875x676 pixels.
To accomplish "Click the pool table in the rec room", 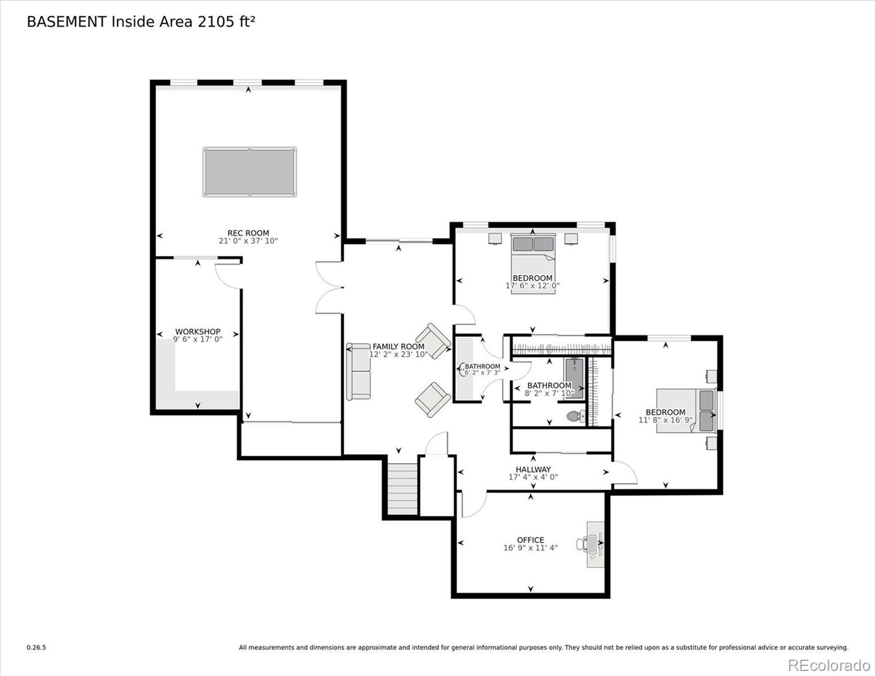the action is click(x=250, y=172).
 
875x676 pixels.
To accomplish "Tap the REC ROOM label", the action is click(x=248, y=233).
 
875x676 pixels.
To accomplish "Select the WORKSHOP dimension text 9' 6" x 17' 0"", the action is click(x=198, y=340).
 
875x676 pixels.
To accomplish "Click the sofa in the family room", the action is click(x=358, y=372).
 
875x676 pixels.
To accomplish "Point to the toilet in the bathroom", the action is click(x=576, y=416).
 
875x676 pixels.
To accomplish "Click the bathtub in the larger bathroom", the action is click(x=574, y=379).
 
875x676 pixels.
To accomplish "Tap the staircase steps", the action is click(x=402, y=489).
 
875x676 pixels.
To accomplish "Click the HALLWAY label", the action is click(x=533, y=469).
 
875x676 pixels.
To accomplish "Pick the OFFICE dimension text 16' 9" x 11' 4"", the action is click(x=530, y=548).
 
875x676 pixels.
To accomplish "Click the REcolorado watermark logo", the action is click(x=829, y=665).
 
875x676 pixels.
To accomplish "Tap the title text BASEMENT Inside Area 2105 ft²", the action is click(x=141, y=22).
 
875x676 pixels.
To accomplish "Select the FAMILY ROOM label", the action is click(x=398, y=346).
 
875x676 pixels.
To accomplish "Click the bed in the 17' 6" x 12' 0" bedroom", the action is click(x=533, y=264).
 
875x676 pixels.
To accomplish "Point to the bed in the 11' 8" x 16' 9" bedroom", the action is click(x=686, y=411).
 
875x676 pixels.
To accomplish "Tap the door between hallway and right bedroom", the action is click(x=625, y=472).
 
